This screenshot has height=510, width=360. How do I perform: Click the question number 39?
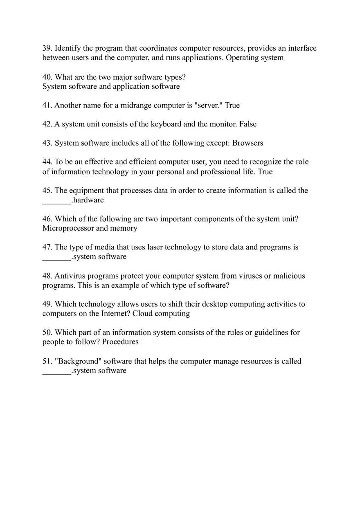click(x=47, y=48)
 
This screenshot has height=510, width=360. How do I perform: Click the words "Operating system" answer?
click(x=254, y=58)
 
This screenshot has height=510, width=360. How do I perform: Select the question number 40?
click(x=47, y=77)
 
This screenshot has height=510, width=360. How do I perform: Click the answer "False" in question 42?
click(x=248, y=124)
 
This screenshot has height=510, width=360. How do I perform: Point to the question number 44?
click(x=47, y=162)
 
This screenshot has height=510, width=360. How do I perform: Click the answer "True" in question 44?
click(x=265, y=172)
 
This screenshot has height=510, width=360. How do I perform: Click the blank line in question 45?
click(x=56, y=201)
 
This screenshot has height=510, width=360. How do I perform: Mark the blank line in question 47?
click(x=56, y=258)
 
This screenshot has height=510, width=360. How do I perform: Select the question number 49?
click(x=47, y=304)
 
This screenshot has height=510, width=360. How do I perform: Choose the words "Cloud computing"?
click(x=161, y=314)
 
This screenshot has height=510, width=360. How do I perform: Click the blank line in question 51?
click(x=56, y=372)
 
